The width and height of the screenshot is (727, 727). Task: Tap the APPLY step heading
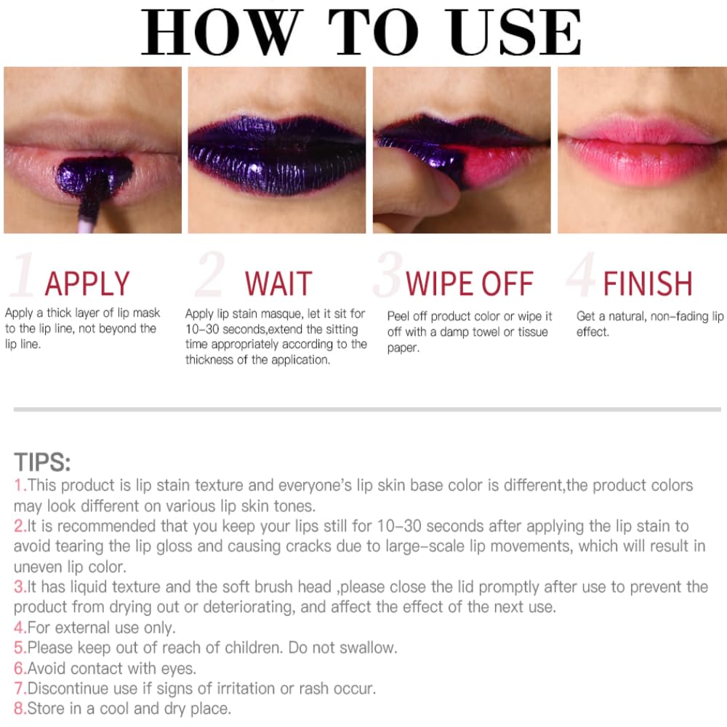(x=87, y=284)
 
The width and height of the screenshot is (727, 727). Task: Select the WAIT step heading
(x=278, y=284)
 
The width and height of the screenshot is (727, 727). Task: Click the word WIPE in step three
(x=440, y=284)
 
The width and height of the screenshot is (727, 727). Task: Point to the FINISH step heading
(x=648, y=284)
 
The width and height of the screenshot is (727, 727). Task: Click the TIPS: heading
(x=42, y=462)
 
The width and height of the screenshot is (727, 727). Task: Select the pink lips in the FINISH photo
(x=642, y=150)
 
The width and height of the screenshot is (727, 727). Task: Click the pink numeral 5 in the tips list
(x=19, y=648)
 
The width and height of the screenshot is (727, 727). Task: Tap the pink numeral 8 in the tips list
(x=19, y=708)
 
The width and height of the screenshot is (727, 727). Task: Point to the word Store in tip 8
(x=46, y=708)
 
